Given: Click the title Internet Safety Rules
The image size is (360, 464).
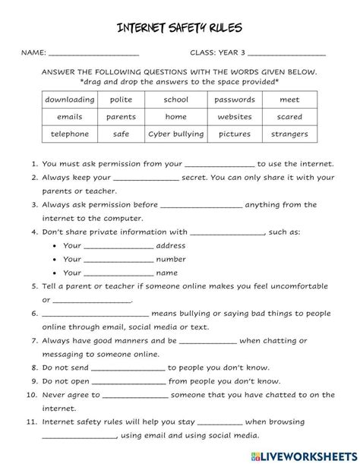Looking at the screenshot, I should coord(180,28).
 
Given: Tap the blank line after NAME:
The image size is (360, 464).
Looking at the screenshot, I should coord(93,55).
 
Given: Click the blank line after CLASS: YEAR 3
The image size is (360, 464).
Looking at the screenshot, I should coord(286,55).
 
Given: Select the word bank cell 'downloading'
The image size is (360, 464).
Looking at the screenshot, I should coord(70,99).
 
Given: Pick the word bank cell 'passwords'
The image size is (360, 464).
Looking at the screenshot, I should coord(235,99).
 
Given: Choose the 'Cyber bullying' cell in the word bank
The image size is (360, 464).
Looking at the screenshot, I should coord(176,134).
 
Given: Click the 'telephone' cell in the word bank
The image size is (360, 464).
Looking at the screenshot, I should coord(70,134).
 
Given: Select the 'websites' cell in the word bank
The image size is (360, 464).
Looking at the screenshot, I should coord(235,117).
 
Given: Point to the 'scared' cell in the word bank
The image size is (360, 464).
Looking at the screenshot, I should coord(289,117).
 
